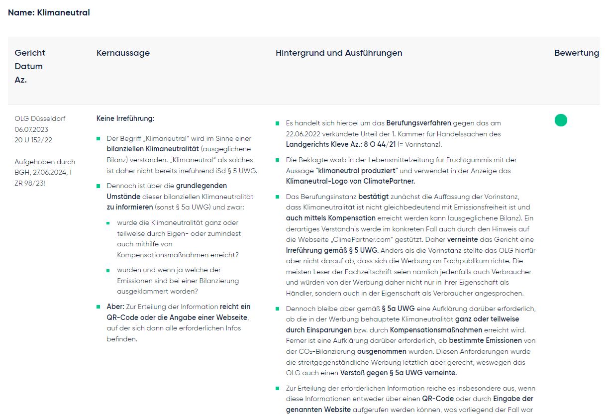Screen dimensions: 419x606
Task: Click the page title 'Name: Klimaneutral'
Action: tap(49, 12)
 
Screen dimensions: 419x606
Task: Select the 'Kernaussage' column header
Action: tap(123, 53)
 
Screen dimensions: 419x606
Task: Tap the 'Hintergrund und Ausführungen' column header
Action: tap(339, 53)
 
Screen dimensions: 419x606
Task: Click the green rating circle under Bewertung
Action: tap(561, 120)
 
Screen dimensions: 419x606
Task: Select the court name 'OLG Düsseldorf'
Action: tap(40, 118)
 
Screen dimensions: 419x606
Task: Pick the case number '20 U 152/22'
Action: tap(33, 140)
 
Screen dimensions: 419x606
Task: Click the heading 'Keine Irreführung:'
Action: tap(125, 118)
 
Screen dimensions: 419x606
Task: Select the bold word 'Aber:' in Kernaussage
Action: tap(115, 307)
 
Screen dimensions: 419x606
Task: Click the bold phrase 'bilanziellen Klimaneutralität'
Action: tap(153, 149)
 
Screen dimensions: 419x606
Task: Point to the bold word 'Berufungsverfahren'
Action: tap(418, 122)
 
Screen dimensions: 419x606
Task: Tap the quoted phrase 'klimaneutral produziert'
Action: tap(358, 171)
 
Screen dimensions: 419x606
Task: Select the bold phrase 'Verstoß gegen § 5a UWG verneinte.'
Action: tap(398, 373)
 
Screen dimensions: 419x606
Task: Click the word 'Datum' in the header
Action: tap(28, 66)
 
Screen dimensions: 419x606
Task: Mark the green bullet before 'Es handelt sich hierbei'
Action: tap(277, 123)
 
